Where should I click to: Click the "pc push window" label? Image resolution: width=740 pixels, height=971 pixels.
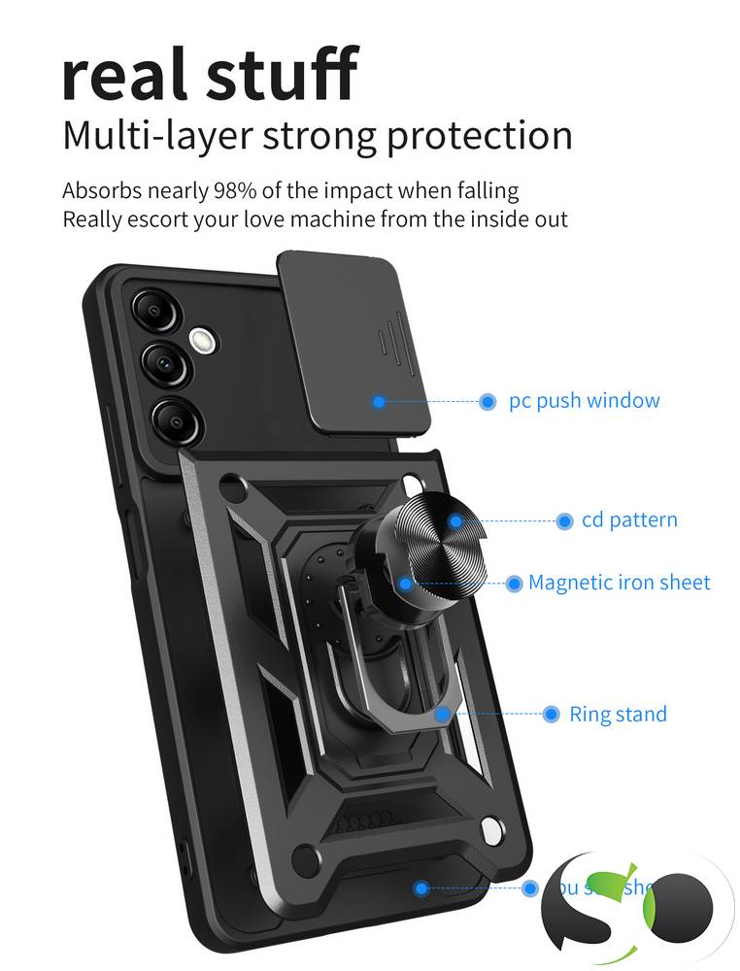584,400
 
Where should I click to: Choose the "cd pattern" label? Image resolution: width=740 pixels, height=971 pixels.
629,520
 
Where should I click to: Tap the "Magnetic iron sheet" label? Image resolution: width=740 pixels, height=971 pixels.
619,583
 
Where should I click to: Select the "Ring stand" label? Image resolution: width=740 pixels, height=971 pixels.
618,715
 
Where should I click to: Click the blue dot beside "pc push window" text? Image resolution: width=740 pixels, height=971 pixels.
488,401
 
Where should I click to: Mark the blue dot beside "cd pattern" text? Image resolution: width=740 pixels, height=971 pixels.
564,521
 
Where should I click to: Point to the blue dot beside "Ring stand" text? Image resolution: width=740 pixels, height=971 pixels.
551,715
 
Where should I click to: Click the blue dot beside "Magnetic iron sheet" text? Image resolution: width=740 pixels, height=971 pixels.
514,584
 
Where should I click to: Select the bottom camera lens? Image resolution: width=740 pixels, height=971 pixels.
173,419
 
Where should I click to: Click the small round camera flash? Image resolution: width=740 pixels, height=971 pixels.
202,340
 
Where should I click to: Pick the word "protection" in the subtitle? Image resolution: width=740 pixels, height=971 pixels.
480,135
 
